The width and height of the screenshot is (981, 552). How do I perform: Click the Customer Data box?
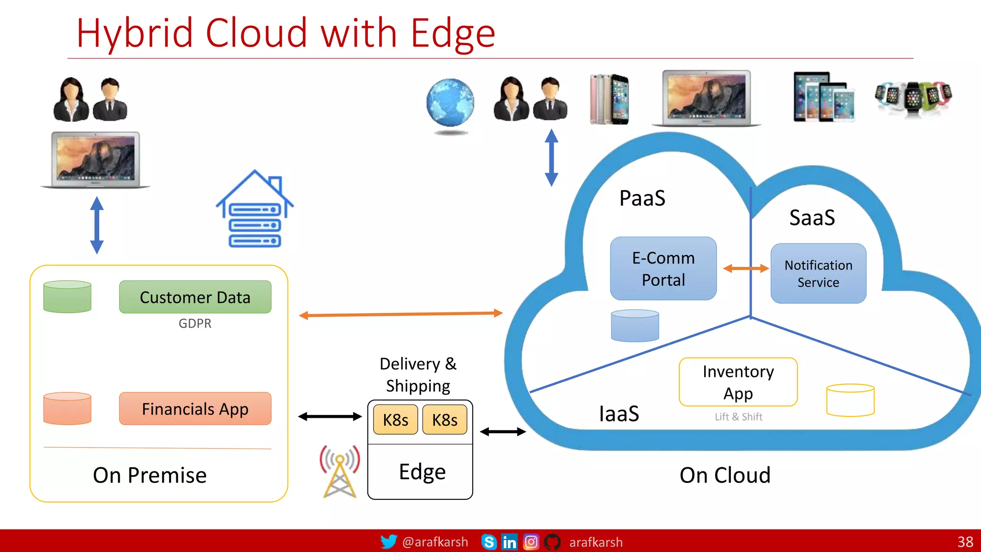[195, 297]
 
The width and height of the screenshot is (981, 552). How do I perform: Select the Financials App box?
[195, 409]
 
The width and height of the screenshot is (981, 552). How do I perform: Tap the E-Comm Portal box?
[663, 268]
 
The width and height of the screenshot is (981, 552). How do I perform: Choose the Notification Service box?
[818, 273]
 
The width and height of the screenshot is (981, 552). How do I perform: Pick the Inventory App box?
[738, 382]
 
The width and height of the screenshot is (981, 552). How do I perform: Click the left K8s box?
[395, 420]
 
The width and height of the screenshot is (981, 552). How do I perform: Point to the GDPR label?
[195, 323]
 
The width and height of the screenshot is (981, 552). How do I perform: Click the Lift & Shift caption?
[738, 417]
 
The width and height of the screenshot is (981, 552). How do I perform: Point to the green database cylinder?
[67, 297]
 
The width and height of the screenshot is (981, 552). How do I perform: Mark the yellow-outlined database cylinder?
[850, 400]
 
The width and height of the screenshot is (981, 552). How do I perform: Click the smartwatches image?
[913, 97]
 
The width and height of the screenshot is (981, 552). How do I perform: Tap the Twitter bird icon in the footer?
[388, 541]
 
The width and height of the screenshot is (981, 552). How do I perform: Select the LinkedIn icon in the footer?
[509, 542]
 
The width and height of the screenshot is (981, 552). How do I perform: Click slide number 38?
[965, 542]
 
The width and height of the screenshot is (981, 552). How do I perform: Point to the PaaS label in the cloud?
[642, 198]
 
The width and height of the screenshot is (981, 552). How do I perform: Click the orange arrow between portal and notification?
[745, 269]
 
